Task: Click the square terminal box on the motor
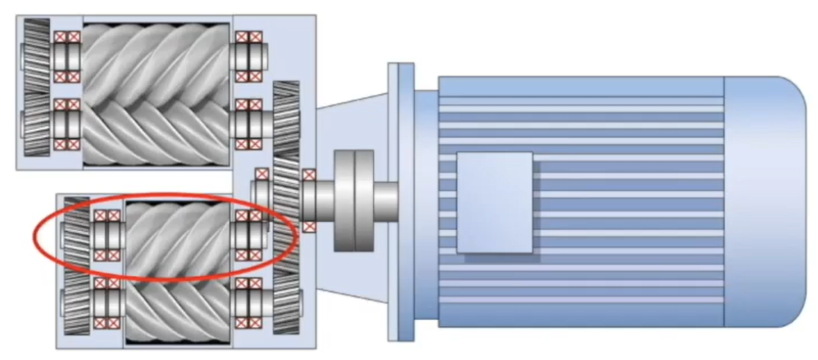point(494,203)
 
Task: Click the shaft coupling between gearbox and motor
point(354,201)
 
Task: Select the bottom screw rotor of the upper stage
point(158,126)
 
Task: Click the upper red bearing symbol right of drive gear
point(309,175)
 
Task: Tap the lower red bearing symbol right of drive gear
point(309,226)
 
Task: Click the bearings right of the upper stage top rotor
point(249,57)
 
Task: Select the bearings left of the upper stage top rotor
point(67,57)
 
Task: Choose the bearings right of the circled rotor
point(249,234)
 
